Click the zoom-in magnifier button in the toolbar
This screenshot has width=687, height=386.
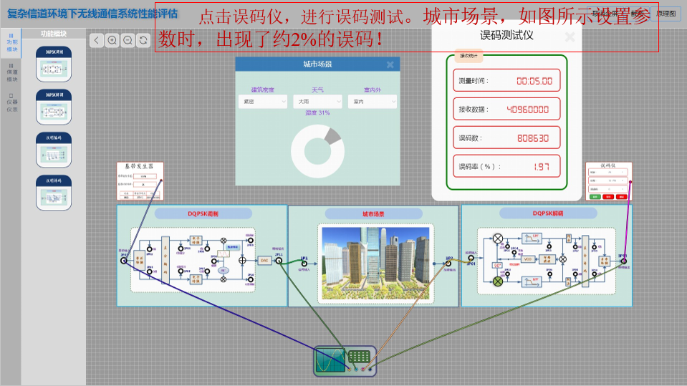pyautogui.click(x=112, y=41)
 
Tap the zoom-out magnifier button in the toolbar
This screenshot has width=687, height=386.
pyautogui.click(x=128, y=41)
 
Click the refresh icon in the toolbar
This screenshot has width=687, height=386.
pyautogui.click(x=143, y=41)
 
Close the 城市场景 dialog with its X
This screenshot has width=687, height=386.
pyautogui.click(x=390, y=65)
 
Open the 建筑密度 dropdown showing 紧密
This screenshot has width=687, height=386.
pyautogui.click(x=258, y=102)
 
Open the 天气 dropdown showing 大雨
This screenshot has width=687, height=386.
pyautogui.click(x=317, y=102)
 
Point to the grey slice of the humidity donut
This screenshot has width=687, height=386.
pyautogui.click(x=332, y=136)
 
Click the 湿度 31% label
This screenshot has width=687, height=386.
pyautogui.click(x=317, y=113)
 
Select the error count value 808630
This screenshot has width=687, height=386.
pyautogui.click(x=532, y=138)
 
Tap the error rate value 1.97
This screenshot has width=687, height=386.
pyautogui.click(x=541, y=167)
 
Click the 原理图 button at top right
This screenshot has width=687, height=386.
pyautogui.click(x=666, y=14)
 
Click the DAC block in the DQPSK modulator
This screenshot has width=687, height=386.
pyautogui.click(x=264, y=260)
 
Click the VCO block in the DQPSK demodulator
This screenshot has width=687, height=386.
pyautogui.click(x=528, y=259)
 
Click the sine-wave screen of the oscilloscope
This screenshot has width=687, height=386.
pyautogui.click(x=331, y=360)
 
